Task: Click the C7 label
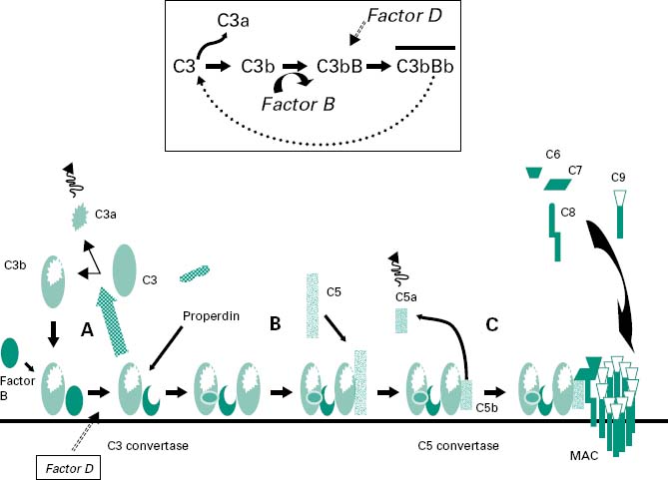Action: tap(575, 170)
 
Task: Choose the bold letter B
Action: tap(275, 321)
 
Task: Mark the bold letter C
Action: tap(492, 322)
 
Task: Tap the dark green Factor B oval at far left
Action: tap(11, 351)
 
